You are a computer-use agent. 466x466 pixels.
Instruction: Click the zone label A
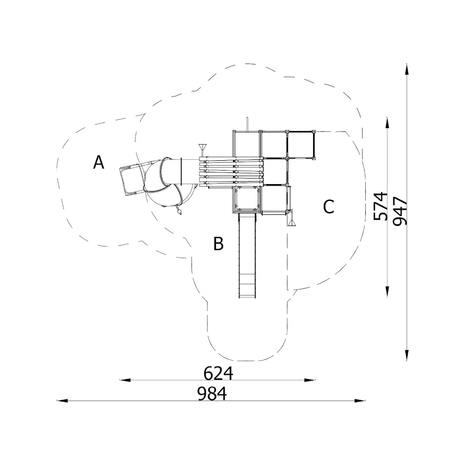(x=99, y=162)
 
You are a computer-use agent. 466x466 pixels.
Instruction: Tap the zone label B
(x=219, y=243)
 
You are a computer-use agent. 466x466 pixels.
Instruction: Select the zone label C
(x=329, y=206)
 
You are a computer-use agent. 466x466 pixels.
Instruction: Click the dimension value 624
(x=218, y=373)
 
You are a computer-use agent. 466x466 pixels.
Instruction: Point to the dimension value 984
(x=212, y=394)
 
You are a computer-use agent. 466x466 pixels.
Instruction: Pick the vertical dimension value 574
(x=381, y=206)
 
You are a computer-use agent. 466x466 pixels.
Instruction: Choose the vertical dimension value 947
(x=400, y=211)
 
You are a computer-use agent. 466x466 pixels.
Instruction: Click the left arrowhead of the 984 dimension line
(x=62, y=401)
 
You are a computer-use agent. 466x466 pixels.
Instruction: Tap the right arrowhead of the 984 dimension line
(x=360, y=401)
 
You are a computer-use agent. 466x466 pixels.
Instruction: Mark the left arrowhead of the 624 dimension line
(x=125, y=380)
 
